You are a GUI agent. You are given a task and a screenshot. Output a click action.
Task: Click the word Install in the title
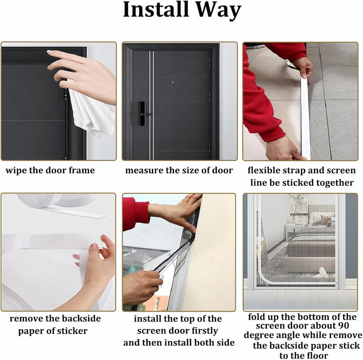coord(156,9)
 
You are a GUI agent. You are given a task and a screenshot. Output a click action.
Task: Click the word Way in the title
coord(218,11)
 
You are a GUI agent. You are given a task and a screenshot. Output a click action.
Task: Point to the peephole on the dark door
coord(172,82)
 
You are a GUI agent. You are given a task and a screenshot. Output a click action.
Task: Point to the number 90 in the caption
coord(343,326)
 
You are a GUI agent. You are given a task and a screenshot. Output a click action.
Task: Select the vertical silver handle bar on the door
coord(151,105)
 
